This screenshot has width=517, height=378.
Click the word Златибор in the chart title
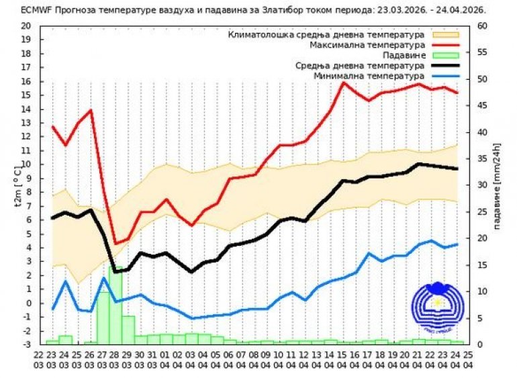click(x=277, y=11)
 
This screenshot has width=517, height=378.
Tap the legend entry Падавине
click(x=403, y=55)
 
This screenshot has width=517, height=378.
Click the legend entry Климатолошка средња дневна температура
click(x=326, y=34)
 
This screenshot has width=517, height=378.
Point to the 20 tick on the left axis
click(x=27, y=26)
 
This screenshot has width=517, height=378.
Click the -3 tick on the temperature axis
click(x=27, y=344)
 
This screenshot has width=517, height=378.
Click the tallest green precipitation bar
click(x=115, y=305)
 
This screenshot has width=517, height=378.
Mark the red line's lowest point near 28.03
click(x=115, y=243)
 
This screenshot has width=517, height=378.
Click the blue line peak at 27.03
click(x=103, y=279)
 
